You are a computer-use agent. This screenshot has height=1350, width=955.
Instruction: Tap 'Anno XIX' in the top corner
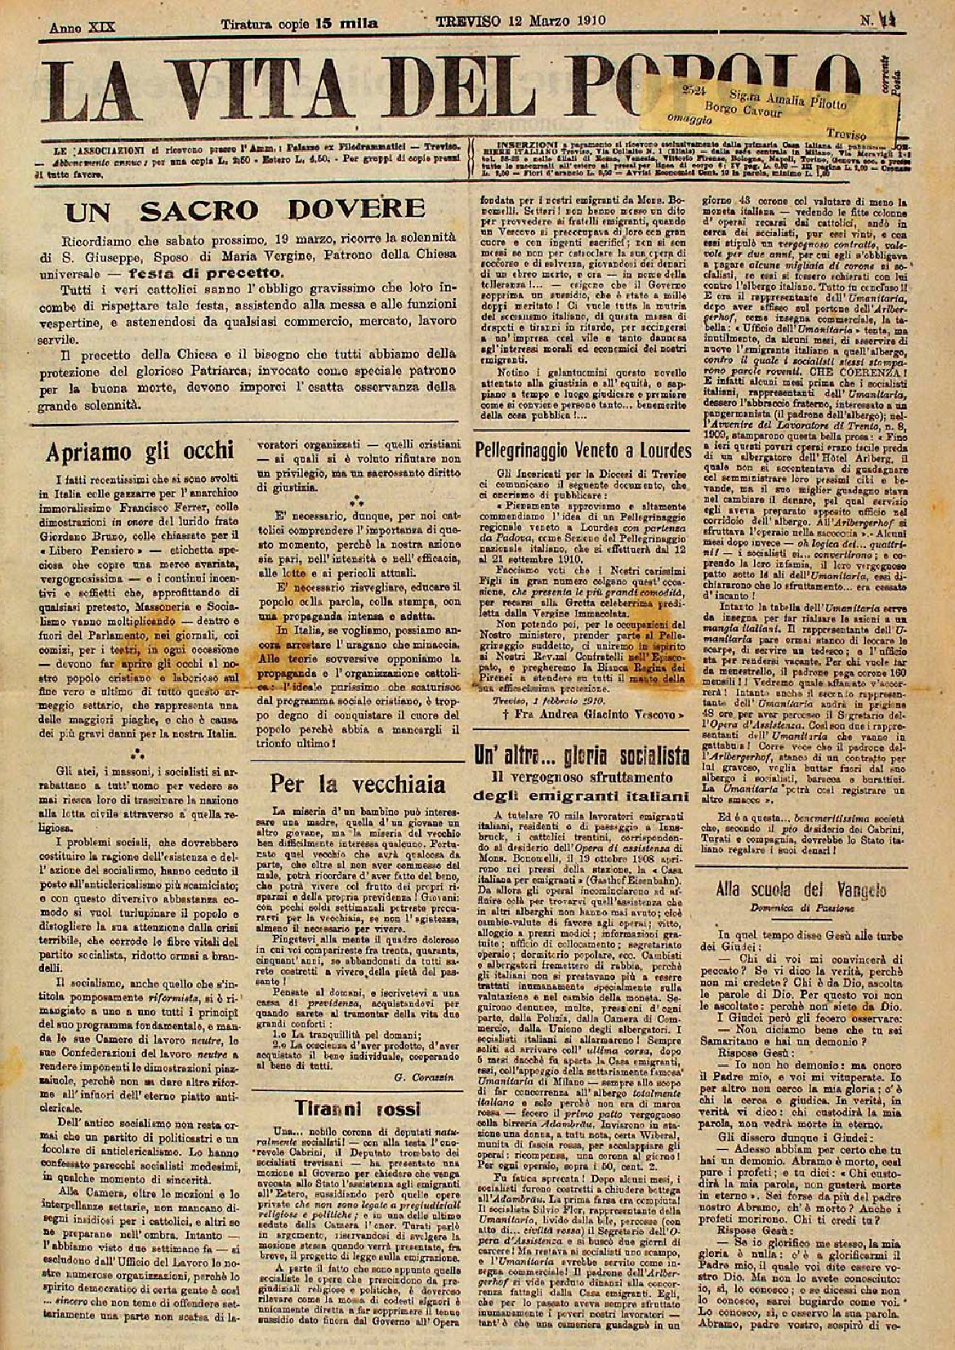click(x=83, y=27)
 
